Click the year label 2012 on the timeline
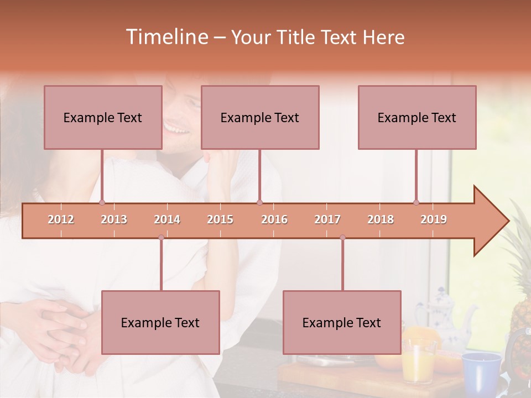[x=61, y=219]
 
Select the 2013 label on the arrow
[x=114, y=219]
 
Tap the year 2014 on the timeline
[x=167, y=219]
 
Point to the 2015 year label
[x=220, y=219]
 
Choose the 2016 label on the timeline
[x=274, y=219]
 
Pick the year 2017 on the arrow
[x=327, y=219]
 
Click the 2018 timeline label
[x=381, y=219]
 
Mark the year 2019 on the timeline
[x=434, y=219]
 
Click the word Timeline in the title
[x=166, y=37]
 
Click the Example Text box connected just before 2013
[x=103, y=117]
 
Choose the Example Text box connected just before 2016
[x=260, y=117]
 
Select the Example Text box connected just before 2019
[x=417, y=117]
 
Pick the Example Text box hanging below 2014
[x=160, y=322]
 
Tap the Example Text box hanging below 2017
[x=342, y=322]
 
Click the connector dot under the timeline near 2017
[x=342, y=237]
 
